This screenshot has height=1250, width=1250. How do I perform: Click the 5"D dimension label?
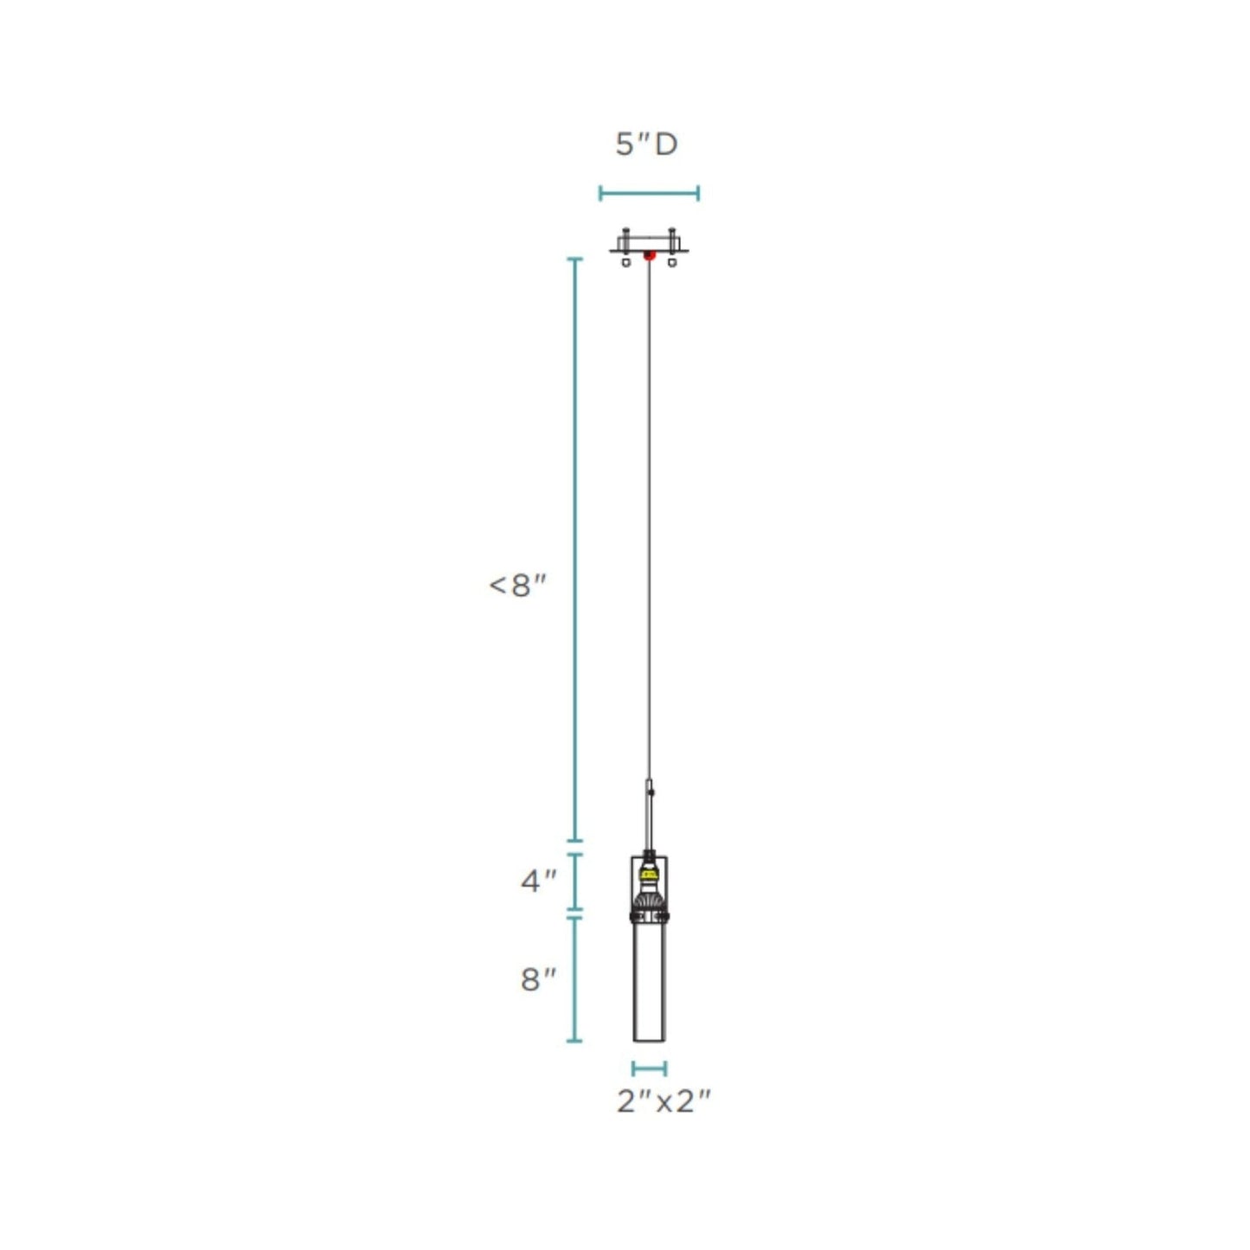[646, 144]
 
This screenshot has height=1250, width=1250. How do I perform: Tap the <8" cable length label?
[518, 586]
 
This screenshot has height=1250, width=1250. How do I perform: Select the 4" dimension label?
[539, 881]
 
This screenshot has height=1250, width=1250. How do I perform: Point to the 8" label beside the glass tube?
[539, 979]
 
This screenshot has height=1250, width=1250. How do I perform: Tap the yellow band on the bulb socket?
[649, 875]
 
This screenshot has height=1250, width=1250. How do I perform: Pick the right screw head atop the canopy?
[672, 232]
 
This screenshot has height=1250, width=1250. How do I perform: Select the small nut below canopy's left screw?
[626, 261]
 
